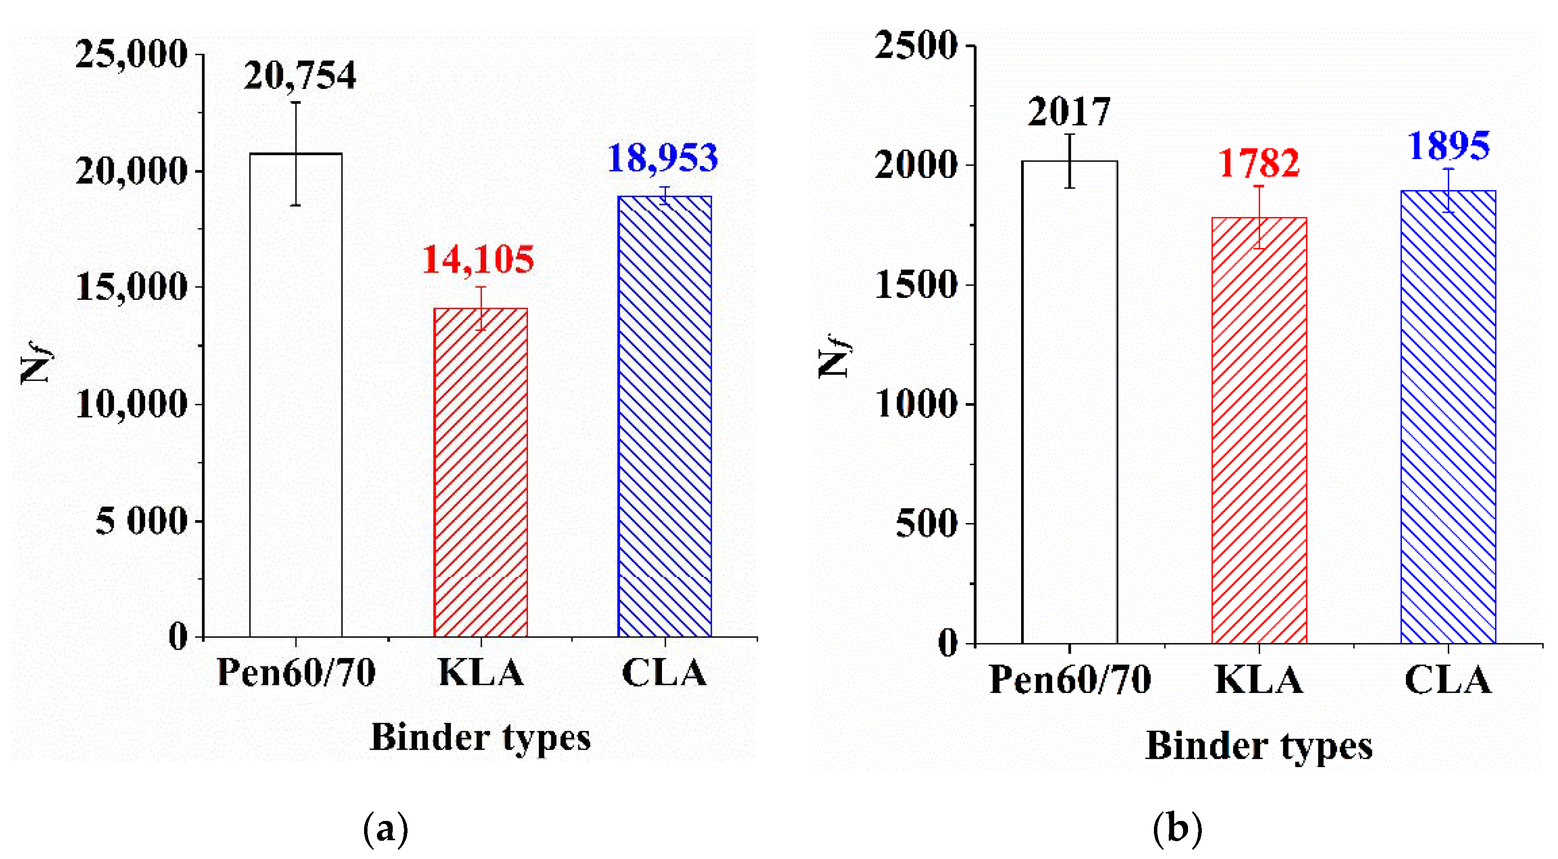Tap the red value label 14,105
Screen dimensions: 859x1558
pos(478,261)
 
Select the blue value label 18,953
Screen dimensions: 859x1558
pos(662,159)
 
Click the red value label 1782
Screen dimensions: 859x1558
pos(1259,164)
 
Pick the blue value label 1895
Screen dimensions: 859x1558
pos(1448,146)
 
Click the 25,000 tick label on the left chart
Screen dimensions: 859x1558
pos(131,55)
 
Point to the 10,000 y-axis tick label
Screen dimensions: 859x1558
pos(131,405)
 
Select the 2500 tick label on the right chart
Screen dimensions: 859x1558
pos(916,45)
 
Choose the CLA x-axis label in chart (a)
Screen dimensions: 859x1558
pos(664,673)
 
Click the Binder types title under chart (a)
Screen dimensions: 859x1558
pos(480,738)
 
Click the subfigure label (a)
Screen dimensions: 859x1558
pos(385,828)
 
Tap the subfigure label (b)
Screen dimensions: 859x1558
pos(1177,828)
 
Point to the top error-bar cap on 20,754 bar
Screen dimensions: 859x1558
pos(296,102)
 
